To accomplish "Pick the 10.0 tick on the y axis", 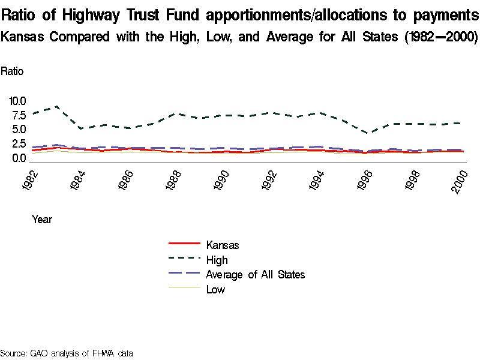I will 17,101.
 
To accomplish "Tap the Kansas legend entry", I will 223,245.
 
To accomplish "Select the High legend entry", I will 217,260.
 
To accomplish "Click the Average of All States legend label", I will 255,275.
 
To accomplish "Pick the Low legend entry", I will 215,290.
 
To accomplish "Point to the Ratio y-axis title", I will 12,71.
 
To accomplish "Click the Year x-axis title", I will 42,220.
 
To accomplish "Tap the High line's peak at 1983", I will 56,107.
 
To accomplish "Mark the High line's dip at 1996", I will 368,133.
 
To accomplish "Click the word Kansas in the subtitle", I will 23,37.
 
